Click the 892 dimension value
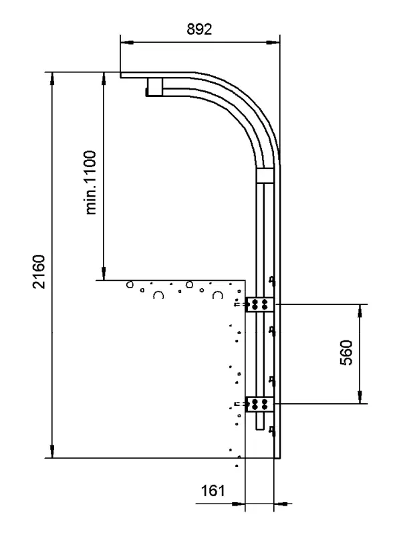(x=199, y=29)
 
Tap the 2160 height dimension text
(x=39, y=272)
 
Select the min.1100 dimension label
(x=90, y=183)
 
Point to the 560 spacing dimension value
(x=346, y=352)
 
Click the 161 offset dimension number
(x=213, y=491)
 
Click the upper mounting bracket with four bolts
(x=259, y=304)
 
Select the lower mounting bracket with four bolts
(x=259, y=405)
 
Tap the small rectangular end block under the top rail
(x=155, y=87)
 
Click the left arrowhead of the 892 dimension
(x=127, y=43)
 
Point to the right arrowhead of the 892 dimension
(x=273, y=43)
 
